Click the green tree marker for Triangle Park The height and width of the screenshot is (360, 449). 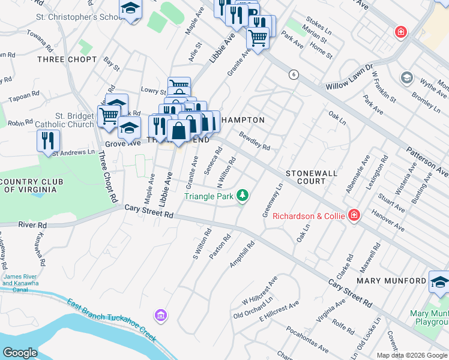coord(243,196)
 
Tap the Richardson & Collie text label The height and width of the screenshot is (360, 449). coord(309,216)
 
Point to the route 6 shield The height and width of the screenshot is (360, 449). coord(293,74)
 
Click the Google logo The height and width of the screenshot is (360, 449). coord(20,352)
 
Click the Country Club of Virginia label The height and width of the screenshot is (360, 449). coord(28,185)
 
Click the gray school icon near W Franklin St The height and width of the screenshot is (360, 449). coord(407,78)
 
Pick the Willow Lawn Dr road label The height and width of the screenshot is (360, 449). coord(349,78)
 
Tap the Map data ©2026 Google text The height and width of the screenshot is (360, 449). coord(412,355)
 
